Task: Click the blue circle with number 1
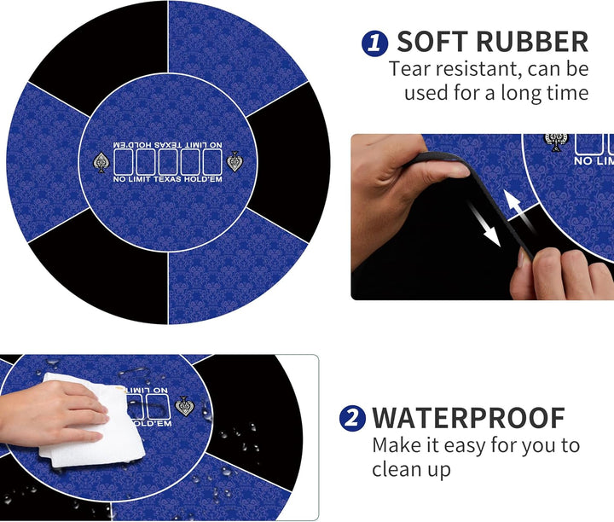pos(374,43)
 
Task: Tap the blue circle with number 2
pos(352,418)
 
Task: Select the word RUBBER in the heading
pos(532,42)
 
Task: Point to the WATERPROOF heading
pos(468,418)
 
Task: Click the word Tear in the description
pos(409,68)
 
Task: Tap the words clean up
pos(411,469)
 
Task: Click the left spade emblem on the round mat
pos(101,162)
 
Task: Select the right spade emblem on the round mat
pos(235,161)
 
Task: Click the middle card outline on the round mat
pos(168,162)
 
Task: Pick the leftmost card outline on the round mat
pos(124,162)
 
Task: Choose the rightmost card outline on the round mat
pos(212,162)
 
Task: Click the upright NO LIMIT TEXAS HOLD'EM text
pos(168,179)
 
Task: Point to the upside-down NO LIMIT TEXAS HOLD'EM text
pos(168,145)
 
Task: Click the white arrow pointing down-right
pos(484,223)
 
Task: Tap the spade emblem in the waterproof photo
pos(185,407)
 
